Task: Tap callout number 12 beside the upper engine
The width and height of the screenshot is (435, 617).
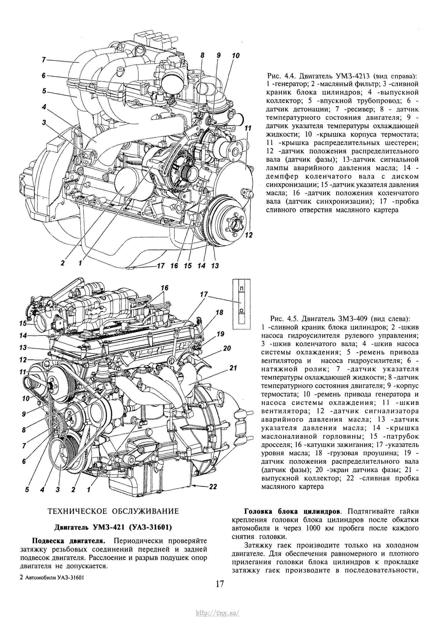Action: tap(249, 235)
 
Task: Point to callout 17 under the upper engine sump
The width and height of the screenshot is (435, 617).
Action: tap(160, 266)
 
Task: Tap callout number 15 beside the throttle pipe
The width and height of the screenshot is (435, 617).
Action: tap(23, 324)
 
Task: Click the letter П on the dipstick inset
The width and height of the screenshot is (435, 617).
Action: tap(241, 288)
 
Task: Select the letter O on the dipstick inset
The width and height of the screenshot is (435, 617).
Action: tap(241, 311)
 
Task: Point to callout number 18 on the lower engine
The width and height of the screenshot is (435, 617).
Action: tap(219, 313)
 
